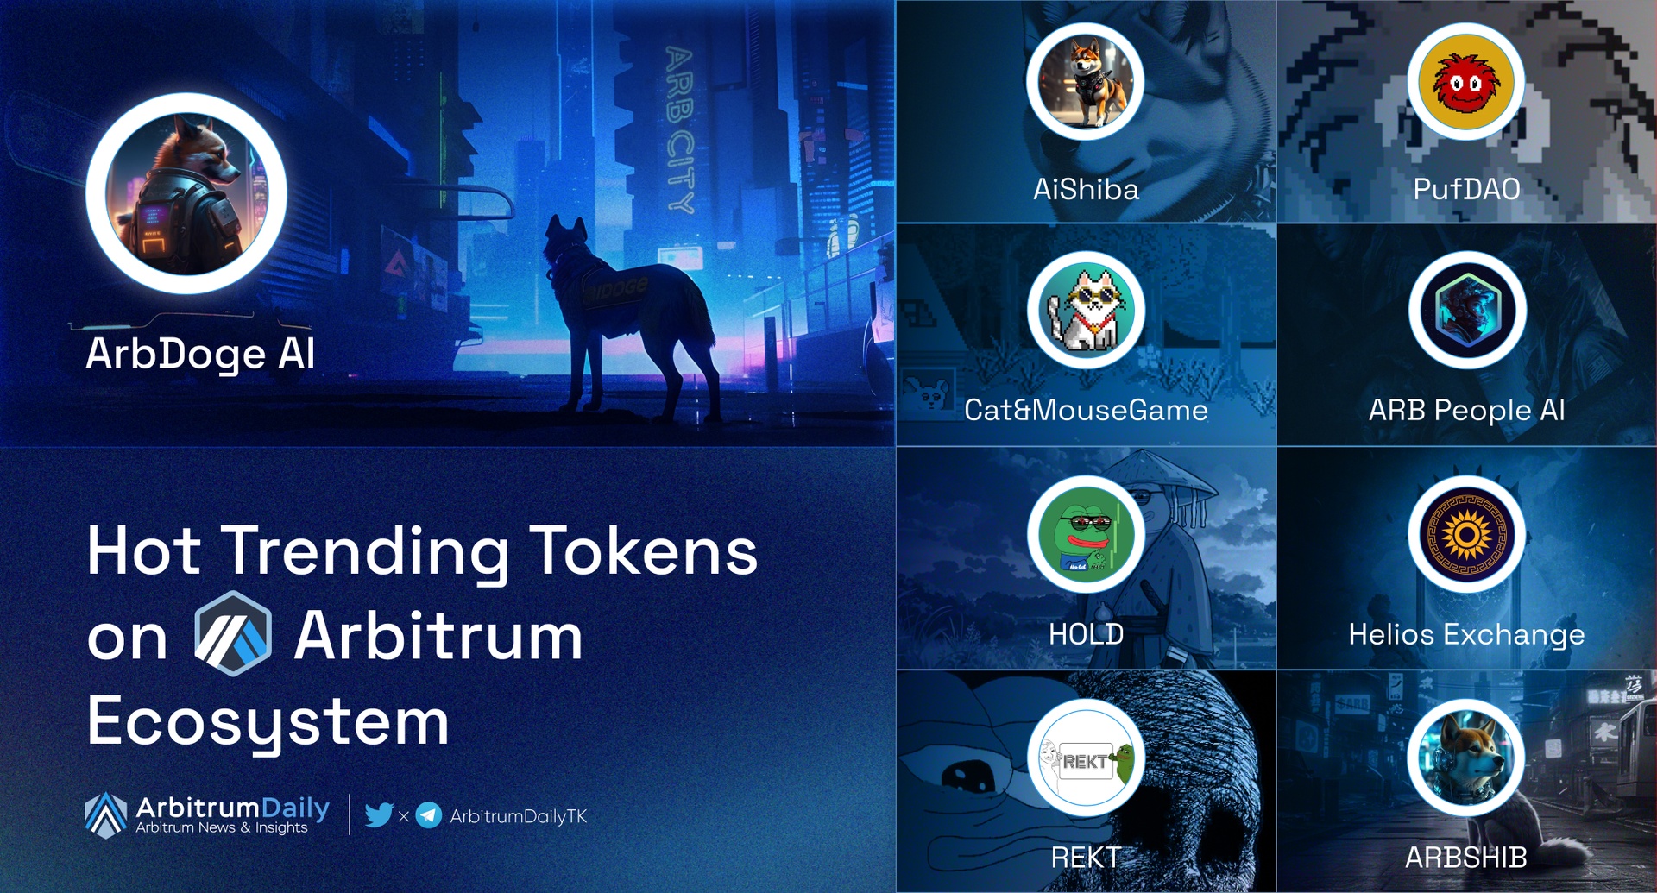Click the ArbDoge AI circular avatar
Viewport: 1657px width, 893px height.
[x=186, y=194]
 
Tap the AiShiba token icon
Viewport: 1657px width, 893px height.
[x=1086, y=82]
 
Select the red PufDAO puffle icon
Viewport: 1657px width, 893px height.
[x=1466, y=82]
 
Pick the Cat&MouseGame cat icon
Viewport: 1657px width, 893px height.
[x=1086, y=311]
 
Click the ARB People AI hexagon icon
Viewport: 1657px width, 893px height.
[x=1467, y=311]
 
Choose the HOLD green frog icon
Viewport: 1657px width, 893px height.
[x=1086, y=535]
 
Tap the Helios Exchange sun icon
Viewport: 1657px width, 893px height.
[x=1466, y=535]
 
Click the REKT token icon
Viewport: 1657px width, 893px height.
[x=1086, y=759]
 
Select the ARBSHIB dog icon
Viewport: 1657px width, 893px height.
[x=1466, y=759]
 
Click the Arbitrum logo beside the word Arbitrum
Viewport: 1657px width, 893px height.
[x=233, y=633]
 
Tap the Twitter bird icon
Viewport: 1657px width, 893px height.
[x=379, y=814]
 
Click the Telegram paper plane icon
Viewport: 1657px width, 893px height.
[x=429, y=814]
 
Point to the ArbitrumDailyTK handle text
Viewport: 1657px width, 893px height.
[x=518, y=816]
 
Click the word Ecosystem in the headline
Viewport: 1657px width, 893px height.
[x=268, y=721]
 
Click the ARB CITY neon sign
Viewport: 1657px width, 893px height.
[x=679, y=129]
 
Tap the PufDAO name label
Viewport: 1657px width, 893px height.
[x=1466, y=189]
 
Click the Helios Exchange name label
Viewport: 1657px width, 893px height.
[x=1466, y=634]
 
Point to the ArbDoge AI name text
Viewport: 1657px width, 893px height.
[x=200, y=354]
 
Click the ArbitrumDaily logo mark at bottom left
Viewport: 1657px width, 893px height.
[x=106, y=814]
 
